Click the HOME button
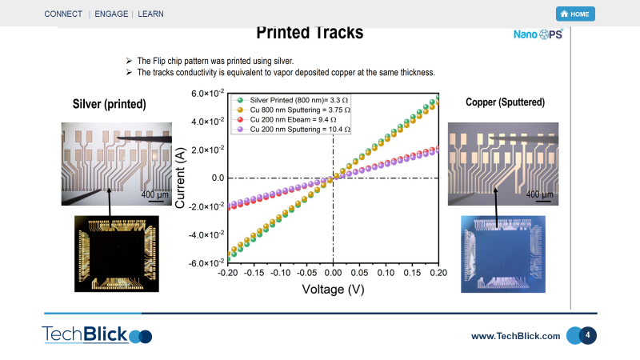pos(575,14)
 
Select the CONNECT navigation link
pos(63,14)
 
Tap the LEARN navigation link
pos(150,14)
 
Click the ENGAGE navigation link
pos(111,14)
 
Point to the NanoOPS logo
pos(538,34)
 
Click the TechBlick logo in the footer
pos(97,334)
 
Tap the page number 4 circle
pos(587,335)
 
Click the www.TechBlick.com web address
pos(515,336)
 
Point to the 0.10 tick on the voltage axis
pos(386,273)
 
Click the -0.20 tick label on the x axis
pos(227,273)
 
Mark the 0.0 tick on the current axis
pos(218,178)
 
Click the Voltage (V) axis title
pos(333,290)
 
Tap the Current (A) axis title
pos(180,178)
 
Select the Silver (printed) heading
pos(110,104)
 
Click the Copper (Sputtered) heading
pos(506,102)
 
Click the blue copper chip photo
pos(503,254)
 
